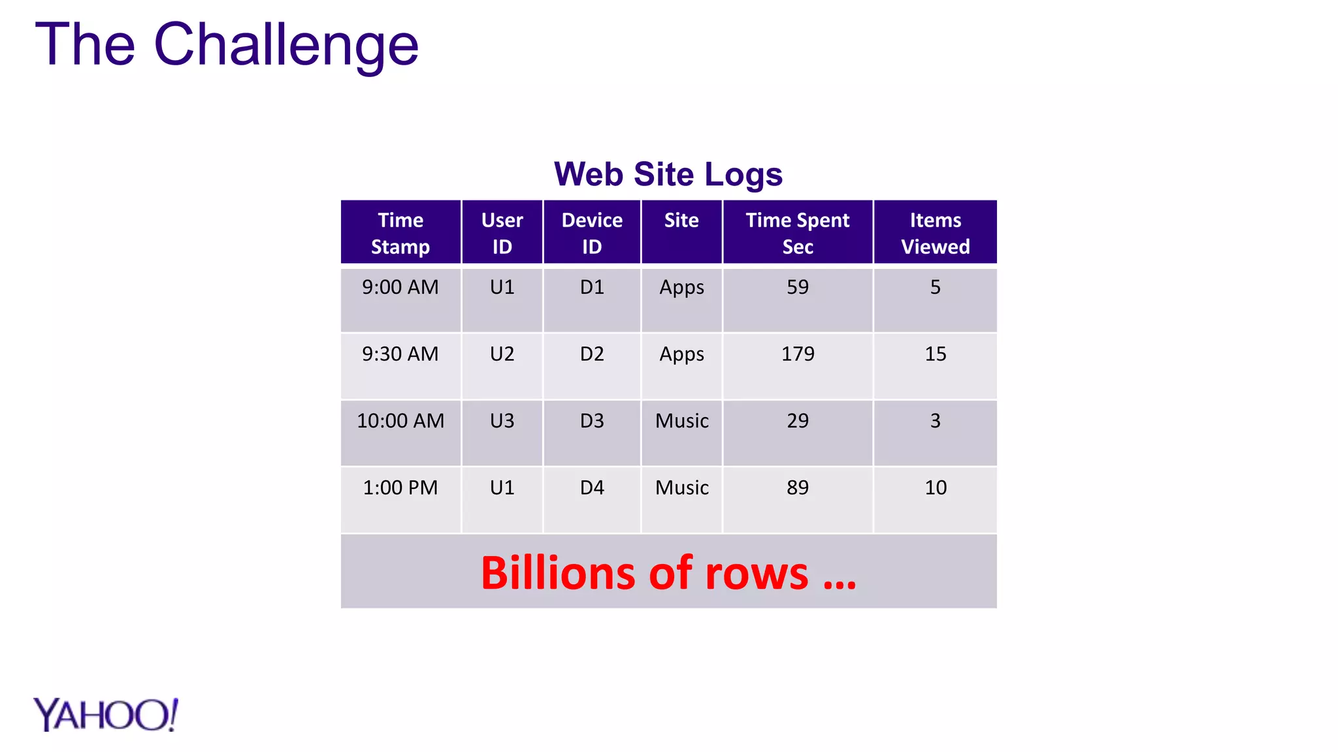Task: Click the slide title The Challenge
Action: (x=226, y=44)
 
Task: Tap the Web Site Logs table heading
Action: (x=668, y=174)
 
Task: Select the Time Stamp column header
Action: (x=400, y=233)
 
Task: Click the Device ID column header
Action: (x=592, y=233)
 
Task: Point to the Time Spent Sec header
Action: (x=797, y=233)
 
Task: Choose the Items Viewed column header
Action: (x=935, y=233)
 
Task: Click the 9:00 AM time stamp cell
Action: (x=400, y=287)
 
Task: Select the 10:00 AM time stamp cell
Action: (x=400, y=421)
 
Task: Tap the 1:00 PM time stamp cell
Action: (x=400, y=488)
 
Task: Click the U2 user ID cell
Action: (x=502, y=354)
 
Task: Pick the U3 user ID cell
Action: (x=502, y=421)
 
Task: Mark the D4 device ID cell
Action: (x=592, y=488)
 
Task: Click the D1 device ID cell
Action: (x=592, y=287)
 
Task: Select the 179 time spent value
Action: (x=798, y=354)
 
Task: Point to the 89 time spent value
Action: (x=798, y=488)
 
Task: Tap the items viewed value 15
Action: (x=935, y=354)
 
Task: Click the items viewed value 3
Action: (x=935, y=421)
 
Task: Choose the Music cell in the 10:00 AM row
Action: (x=681, y=421)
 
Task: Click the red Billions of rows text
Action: (x=668, y=573)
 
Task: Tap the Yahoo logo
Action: (x=106, y=715)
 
